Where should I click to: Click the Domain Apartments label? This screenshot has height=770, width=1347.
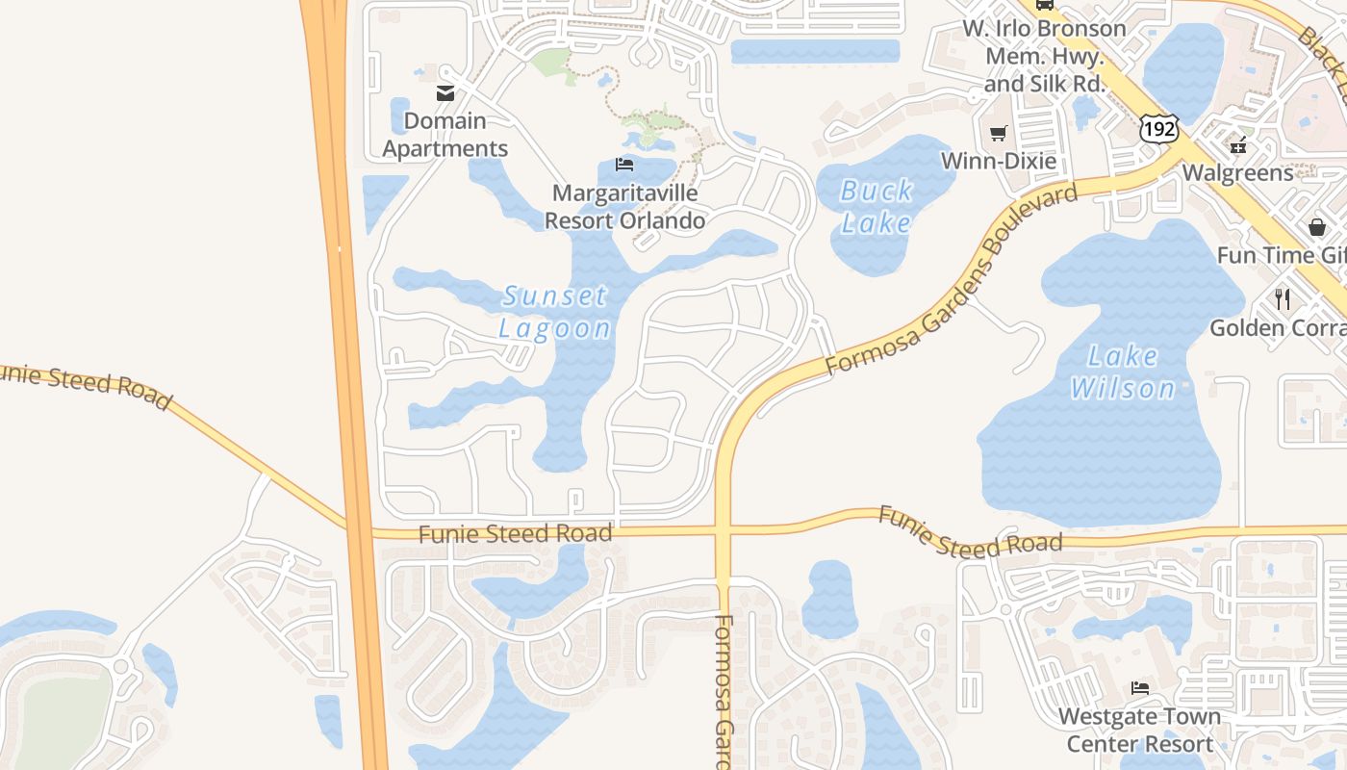(445, 135)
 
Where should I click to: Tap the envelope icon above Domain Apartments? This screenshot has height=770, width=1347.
(445, 93)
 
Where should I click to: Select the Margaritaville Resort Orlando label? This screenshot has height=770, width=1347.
(624, 207)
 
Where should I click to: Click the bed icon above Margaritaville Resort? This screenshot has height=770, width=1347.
(624, 165)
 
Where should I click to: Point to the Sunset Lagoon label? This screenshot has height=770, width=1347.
(555, 312)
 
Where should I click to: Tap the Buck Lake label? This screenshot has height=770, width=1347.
(876, 207)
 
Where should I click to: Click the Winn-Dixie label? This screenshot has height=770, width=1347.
(998, 161)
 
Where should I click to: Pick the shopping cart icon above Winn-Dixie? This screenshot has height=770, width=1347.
(998, 134)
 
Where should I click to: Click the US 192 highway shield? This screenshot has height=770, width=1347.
(1156, 128)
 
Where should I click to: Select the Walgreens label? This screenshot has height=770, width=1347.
(1237, 173)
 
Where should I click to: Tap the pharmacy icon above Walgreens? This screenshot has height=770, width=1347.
(1238, 146)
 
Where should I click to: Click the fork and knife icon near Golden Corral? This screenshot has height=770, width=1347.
(1282, 299)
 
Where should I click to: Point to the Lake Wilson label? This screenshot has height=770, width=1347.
(1123, 372)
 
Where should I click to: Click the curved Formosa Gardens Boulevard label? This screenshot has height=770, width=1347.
(952, 280)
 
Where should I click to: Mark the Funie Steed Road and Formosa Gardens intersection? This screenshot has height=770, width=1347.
(724, 530)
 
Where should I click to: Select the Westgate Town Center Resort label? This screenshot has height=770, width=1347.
(1139, 731)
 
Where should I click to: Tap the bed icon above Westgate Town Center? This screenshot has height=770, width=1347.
(1139, 688)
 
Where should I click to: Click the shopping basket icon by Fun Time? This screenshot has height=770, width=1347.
(1316, 227)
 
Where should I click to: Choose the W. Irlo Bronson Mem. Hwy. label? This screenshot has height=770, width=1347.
(1044, 56)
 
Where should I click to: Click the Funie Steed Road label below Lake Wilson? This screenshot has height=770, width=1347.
(970, 532)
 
